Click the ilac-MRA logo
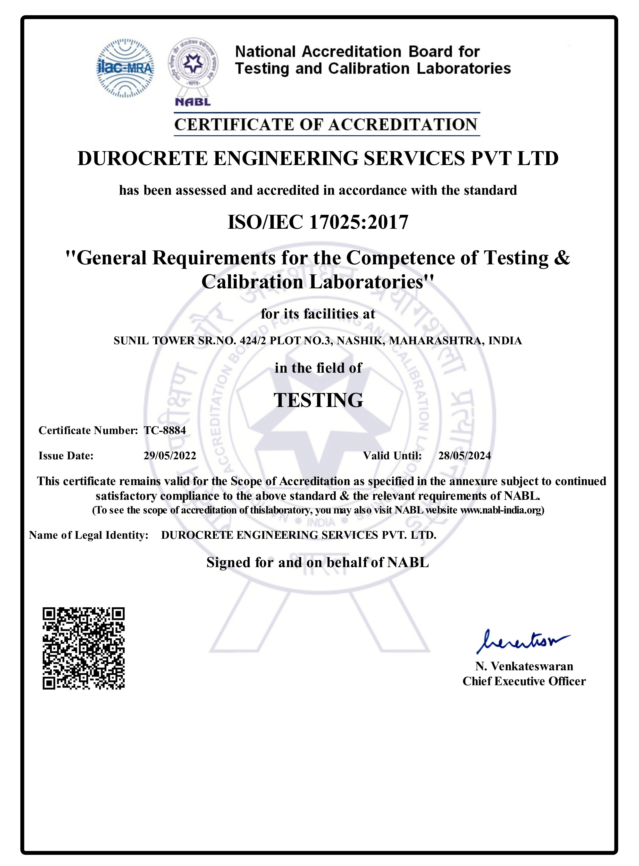[x=125, y=68]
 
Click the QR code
[x=83, y=648]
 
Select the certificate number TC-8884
[x=165, y=430]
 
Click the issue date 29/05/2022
[x=170, y=456]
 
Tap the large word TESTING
[x=318, y=400]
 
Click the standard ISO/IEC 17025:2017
[x=318, y=222]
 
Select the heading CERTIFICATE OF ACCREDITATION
[x=326, y=125]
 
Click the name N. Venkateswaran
[x=524, y=666]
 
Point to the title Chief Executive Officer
[x=524, y=681]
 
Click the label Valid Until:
[x=392, y=456]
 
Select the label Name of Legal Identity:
[x=89, y=535]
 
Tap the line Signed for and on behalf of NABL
[x=317, y=562]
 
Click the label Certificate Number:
[x=88, y=430]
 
